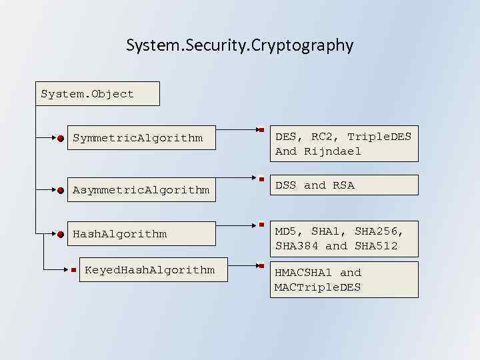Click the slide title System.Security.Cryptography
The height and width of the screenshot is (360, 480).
pos(239,45)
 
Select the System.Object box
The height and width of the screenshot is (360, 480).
pos(98,94)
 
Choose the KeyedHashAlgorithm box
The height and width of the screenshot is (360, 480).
pos(149,269)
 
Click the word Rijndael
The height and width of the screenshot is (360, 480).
pos(333,151)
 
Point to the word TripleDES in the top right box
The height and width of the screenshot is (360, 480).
pos(379,137)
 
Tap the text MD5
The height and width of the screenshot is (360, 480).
pos(286,231)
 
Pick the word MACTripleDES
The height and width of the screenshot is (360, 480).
pos(317,287)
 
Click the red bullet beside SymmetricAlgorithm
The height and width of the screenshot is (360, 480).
pos(61,139)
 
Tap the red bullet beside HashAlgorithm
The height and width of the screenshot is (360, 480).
pos(61,234)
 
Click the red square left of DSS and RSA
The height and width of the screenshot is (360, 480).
pos(263,179)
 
